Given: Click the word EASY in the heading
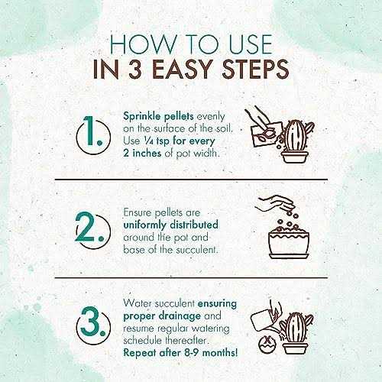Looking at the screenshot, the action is pyautogui.click(x=183, y=69).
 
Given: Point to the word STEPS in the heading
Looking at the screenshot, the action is pyautogui.click(x=255, y=69).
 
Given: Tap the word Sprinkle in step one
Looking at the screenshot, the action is pyautogui.click(x=142, y=117).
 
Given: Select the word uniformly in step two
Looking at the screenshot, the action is pyautogui.click(x=144, y=225).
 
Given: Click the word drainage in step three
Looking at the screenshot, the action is pyautogui.click(x=180, y=316).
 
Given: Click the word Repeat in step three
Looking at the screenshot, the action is pyautogui.click(x=140, y=353).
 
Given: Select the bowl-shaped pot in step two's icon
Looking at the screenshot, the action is pyautogui.click(x=289, y=244).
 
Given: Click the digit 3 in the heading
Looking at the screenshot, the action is pyautogui.click(x=136, y=69).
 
